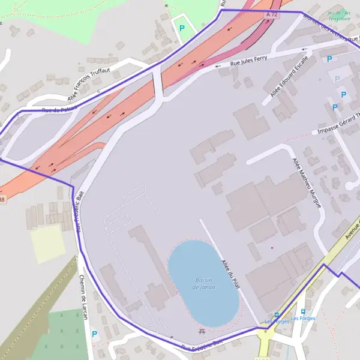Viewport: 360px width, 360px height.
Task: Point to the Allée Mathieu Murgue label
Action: tap(307, 182)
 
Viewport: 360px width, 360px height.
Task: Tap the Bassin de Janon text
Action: tap(204, 284)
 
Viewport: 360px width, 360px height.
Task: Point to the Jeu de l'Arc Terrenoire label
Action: tap(340, 15)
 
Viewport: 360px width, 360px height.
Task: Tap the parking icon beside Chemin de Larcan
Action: tap(94, 334)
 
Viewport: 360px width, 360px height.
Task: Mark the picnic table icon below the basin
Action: tap(202, 331)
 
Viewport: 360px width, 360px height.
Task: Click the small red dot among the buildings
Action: tap(272, 248)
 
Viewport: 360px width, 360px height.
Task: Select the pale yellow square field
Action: tap(48, 244)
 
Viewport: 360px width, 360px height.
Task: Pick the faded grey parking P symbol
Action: tap(337, 79)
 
